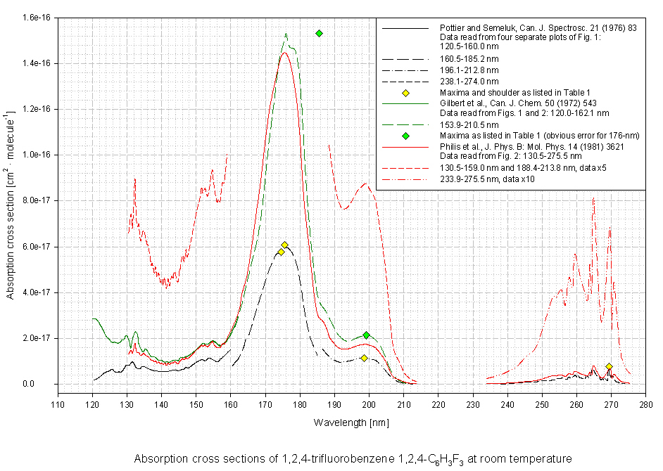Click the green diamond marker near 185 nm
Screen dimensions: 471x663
coord(319,34)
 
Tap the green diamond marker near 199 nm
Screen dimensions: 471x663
coord(367,335)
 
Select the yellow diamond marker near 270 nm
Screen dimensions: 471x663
coord(609,367)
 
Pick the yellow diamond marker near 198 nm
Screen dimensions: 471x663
coord(364,358)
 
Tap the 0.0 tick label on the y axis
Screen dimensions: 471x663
coord(43,384)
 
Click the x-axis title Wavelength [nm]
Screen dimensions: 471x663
coord(351,422)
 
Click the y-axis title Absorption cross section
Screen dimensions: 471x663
coord(12,200)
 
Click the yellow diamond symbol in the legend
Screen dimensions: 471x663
coord(405,93)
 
